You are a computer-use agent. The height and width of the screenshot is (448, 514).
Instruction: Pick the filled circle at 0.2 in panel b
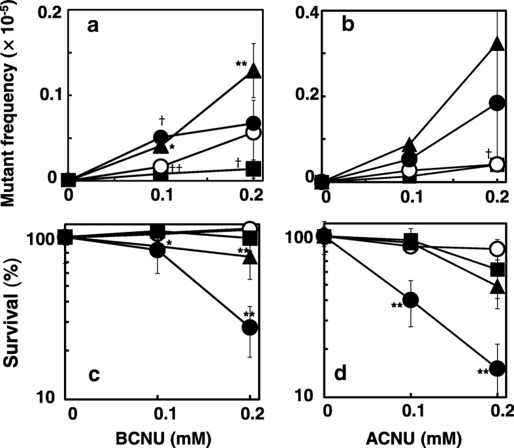click(x=496, y=103)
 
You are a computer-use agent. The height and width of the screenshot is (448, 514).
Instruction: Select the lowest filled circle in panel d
click(x=497, y=369)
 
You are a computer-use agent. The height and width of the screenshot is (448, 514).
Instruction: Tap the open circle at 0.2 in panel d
click(x=497, y=249)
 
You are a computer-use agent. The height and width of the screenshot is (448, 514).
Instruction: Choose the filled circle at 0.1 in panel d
click(x=410, y=300)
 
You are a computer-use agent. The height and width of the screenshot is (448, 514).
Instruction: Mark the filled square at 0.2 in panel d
click(x=497, y=269)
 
